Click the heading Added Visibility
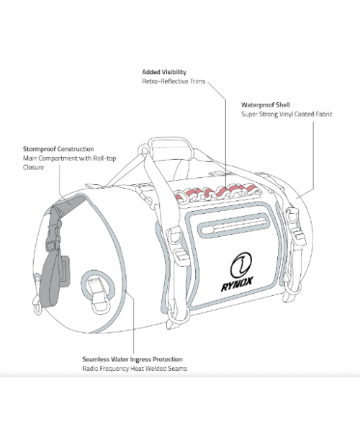tap(164, 72)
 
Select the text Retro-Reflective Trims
tap(174, 81)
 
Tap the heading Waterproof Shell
tap(266, 105)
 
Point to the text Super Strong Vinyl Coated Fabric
tap(287, 114)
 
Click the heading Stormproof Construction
tap(58, 149)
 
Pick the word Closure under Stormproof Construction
tap(33, 168)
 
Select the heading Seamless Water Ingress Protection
tap(132, 359)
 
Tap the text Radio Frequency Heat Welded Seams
tap(135, 369)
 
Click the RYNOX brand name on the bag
tap(237, 284)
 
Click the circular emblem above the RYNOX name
tap(241, 265)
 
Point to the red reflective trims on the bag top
tap(217, 192)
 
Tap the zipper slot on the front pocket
tap(233, 225)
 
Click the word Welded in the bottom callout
tap(156, 369)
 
